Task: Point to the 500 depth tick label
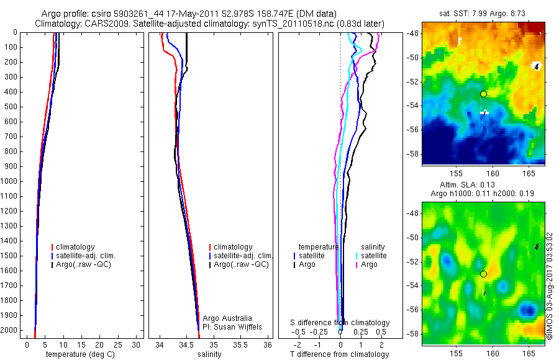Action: tap(13, 107)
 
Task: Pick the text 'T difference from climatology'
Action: tap(339, 354)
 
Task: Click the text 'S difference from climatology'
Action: tap(340, 323)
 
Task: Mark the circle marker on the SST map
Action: tap(483, 94)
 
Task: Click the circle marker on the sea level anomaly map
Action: tap(483, 274)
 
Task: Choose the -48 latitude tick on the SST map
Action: tap(414, 34)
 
